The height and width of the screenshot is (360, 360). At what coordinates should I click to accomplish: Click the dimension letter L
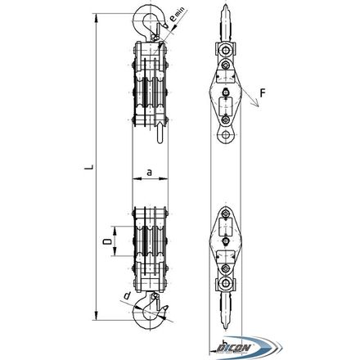(89, 167)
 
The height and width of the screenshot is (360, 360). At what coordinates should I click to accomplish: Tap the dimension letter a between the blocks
(149, 173)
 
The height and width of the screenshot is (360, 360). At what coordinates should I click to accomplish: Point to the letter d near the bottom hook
(127, 295)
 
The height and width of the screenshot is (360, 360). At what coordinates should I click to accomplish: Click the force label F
(262, 93)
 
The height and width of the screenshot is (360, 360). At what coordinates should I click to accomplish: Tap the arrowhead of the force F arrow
(256, 104)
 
